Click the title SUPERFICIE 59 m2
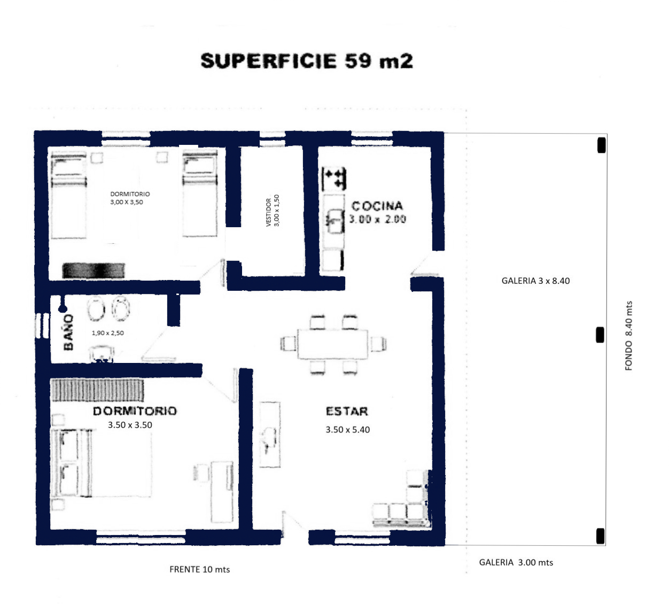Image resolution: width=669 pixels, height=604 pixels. pos(307,61)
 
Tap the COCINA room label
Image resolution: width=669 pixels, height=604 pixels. pos(377,206)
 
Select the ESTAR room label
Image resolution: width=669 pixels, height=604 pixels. pos(347,411)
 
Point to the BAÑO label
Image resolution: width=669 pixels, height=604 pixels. pos(68,332)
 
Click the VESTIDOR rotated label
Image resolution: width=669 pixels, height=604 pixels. pos(269,213)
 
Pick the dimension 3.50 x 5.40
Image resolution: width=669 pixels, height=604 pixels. pos(347,429)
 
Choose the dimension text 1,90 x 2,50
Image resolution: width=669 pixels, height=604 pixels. pos(108,332)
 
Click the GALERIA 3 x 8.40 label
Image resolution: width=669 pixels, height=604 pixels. pos(535,281)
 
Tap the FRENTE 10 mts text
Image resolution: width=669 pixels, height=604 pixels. pos(200,569)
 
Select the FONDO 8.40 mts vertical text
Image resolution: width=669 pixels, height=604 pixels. pos(628,336)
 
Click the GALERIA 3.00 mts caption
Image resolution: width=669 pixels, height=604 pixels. pos(516,562)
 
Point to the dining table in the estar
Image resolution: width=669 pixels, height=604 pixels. pos(333,344)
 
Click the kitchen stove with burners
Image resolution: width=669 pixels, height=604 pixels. pos(334,179)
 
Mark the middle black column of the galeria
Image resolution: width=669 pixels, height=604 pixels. pos(600,335)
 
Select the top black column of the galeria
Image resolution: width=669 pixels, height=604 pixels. pos(601,145)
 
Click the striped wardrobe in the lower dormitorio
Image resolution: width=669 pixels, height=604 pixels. pos(97,390)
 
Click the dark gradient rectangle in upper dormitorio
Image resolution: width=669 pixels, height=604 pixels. pos(94,270)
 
